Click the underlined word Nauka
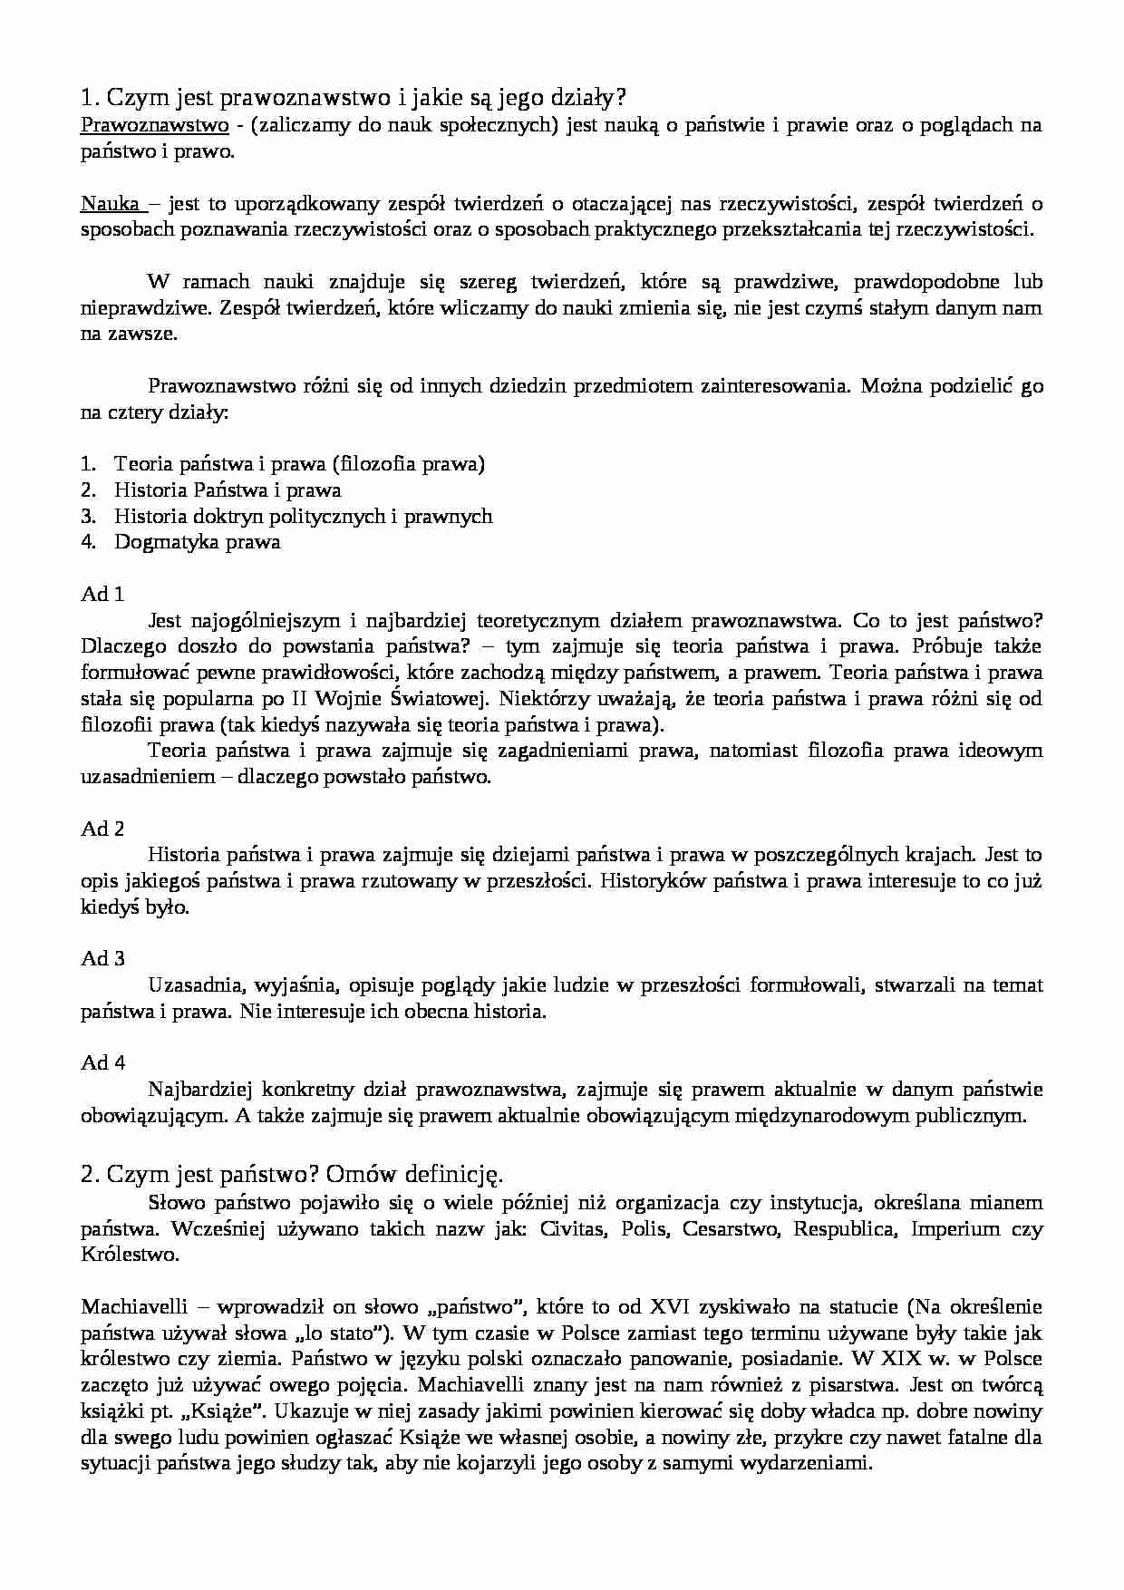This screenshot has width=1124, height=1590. click(110, 204)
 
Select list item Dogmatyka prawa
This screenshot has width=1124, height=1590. click(197, 542)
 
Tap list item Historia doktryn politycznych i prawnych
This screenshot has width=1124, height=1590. click(303, 516)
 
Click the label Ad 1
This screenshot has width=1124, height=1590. click(102, 595)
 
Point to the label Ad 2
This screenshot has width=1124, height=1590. click(102, 829)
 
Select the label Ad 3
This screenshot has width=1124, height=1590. click(102, 958)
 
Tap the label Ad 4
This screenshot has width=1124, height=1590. click(102, 1062)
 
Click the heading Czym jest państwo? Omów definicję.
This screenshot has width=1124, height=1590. click(291, 1174)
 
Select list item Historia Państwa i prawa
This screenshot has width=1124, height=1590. click(227, 490)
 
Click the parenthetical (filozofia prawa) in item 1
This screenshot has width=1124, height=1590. click(409, 464)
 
